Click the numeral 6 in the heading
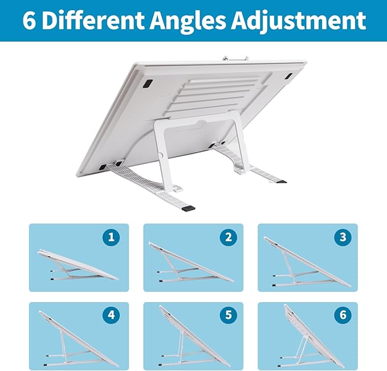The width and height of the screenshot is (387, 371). (29, 20)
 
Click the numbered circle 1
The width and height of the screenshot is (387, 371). (112, 237)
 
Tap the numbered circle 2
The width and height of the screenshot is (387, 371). (228, 237)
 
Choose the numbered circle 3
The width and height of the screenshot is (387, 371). (343, 237)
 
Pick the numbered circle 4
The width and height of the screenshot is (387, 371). (112, 315)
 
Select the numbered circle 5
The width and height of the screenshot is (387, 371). (228, 315)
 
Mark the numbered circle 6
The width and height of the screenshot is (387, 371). (343, 315)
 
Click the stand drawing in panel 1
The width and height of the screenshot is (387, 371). (77, 266)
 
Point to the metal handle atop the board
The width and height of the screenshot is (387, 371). (235, 57)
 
